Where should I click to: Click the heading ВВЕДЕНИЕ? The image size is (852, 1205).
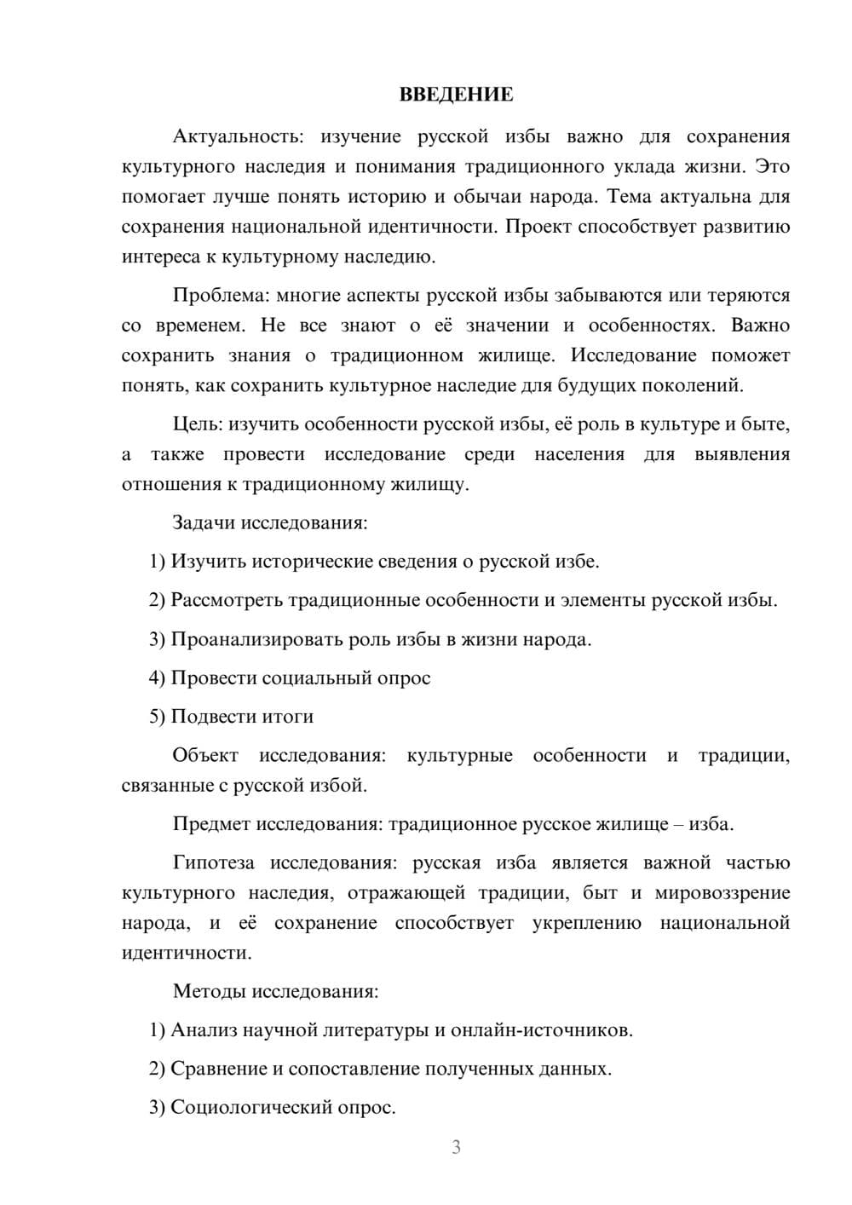(456, 95)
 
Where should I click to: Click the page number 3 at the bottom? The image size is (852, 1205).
(456, 1147)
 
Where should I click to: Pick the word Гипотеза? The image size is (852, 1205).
(213, 863)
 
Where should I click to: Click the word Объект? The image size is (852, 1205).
(205, 756)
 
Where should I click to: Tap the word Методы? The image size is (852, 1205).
(210, 991)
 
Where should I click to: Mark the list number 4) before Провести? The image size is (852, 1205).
(157, 678)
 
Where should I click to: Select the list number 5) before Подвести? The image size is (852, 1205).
(157, 717)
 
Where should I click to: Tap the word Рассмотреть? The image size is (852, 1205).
(227, 600)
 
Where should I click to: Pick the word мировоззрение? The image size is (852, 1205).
(722, 893)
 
